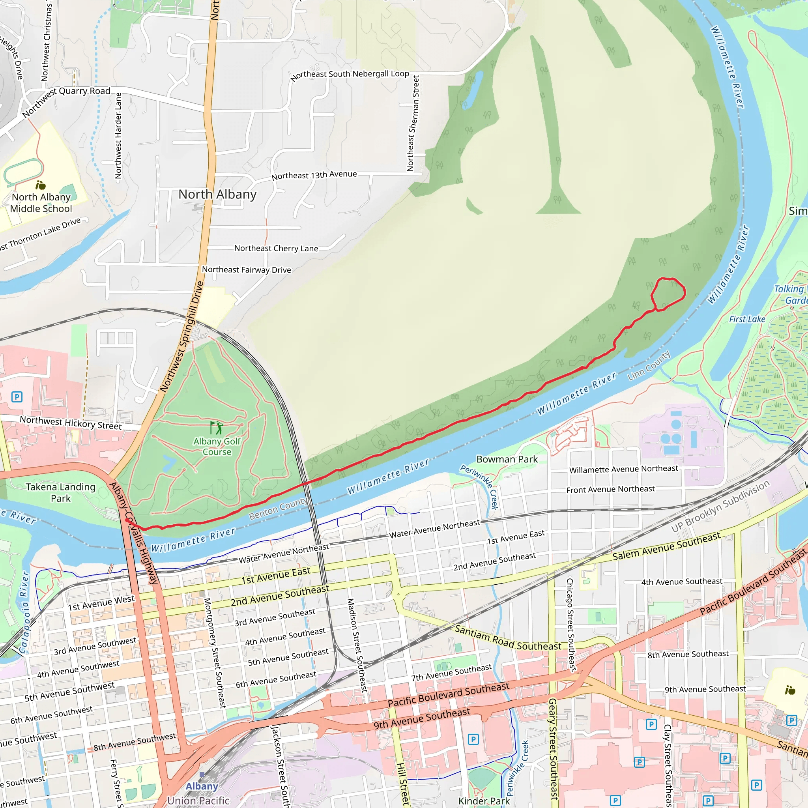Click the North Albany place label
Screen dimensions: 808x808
tap(217, 195)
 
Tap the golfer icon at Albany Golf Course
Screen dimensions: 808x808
tap(216, 428)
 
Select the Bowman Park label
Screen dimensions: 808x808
tap(507, 459)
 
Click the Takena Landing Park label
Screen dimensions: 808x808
tap(61, 492)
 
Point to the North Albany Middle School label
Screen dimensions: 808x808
tap(41, 203)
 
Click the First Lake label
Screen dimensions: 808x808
tap(747, 319)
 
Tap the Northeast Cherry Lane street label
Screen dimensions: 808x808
tap(276, 248)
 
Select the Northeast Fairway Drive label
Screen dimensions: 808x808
tap(246, 270)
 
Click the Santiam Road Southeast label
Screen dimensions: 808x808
tap(508, 638)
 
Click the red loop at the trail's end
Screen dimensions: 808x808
tap(668, 294)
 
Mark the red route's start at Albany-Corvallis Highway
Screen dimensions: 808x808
tap(127, 520)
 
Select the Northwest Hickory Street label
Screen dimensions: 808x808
tap(71, 423)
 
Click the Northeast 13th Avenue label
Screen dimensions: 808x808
tap(314, 175)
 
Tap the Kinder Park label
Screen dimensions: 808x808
tap(484, 801)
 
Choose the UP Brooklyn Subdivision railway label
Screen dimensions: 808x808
tap(720, 506)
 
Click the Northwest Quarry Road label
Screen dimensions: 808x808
tap(65, 102)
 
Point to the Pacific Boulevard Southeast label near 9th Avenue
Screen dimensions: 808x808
tap(448, 694)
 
